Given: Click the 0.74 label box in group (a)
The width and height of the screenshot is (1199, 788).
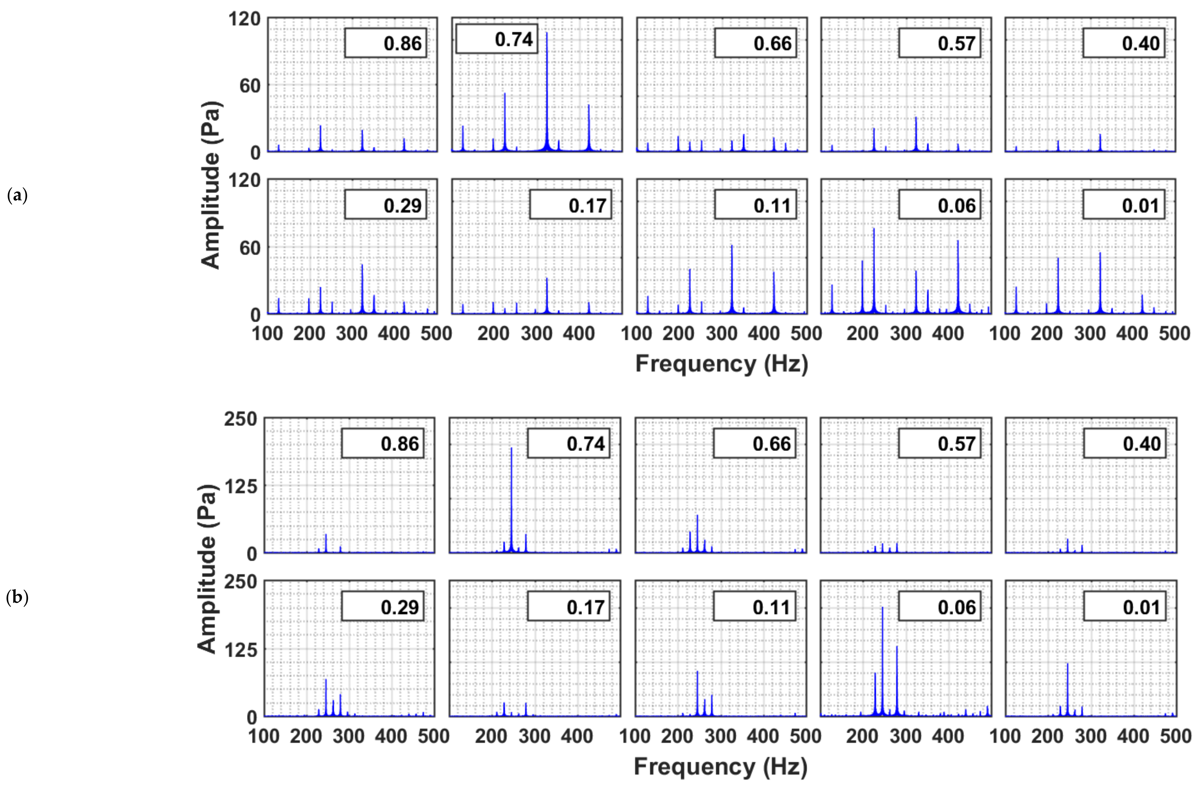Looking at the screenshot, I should click(496, 39).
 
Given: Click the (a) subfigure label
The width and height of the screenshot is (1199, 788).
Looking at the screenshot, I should click(17, 195).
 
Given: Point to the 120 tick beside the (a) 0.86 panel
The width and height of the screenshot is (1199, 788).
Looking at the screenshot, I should click(244, 19).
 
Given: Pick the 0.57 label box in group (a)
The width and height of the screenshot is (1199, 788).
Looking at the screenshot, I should click(940, 43).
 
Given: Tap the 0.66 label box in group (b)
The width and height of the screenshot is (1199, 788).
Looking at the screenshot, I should click(754, 443).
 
